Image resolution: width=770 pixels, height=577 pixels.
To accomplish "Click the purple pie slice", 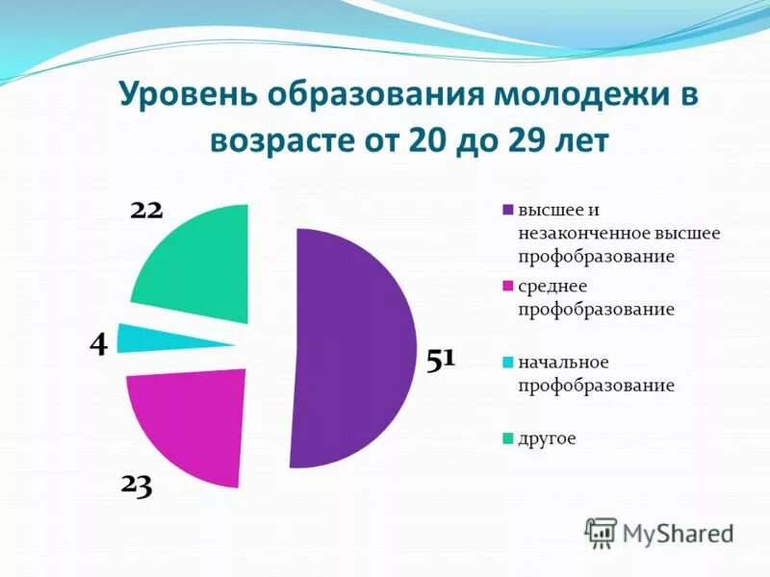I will (x=356, y=346).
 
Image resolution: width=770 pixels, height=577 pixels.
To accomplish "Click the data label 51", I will (x=440, y=360).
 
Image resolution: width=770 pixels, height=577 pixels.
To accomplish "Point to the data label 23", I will (x=137, y=486).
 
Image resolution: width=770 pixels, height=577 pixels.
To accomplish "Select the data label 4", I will (x=98, y=343).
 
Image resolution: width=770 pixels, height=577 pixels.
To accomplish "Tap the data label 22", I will (x=146, y=209).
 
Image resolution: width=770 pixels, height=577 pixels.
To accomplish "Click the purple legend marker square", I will (x=507, y=211).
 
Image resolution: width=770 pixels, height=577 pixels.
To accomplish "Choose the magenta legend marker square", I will (x=507, y=287).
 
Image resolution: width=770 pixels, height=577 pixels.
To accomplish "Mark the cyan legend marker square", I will (x=507, y=364).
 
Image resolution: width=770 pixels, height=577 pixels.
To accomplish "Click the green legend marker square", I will (x=507, y=439).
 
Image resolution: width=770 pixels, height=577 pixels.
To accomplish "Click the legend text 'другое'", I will (x=547, y=439).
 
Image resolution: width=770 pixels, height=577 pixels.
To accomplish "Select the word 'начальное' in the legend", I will (x=563, y=363).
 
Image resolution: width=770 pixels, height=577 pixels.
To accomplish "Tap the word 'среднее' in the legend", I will (x=552, y=287).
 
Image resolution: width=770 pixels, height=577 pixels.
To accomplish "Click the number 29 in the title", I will (x=525, y=141).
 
